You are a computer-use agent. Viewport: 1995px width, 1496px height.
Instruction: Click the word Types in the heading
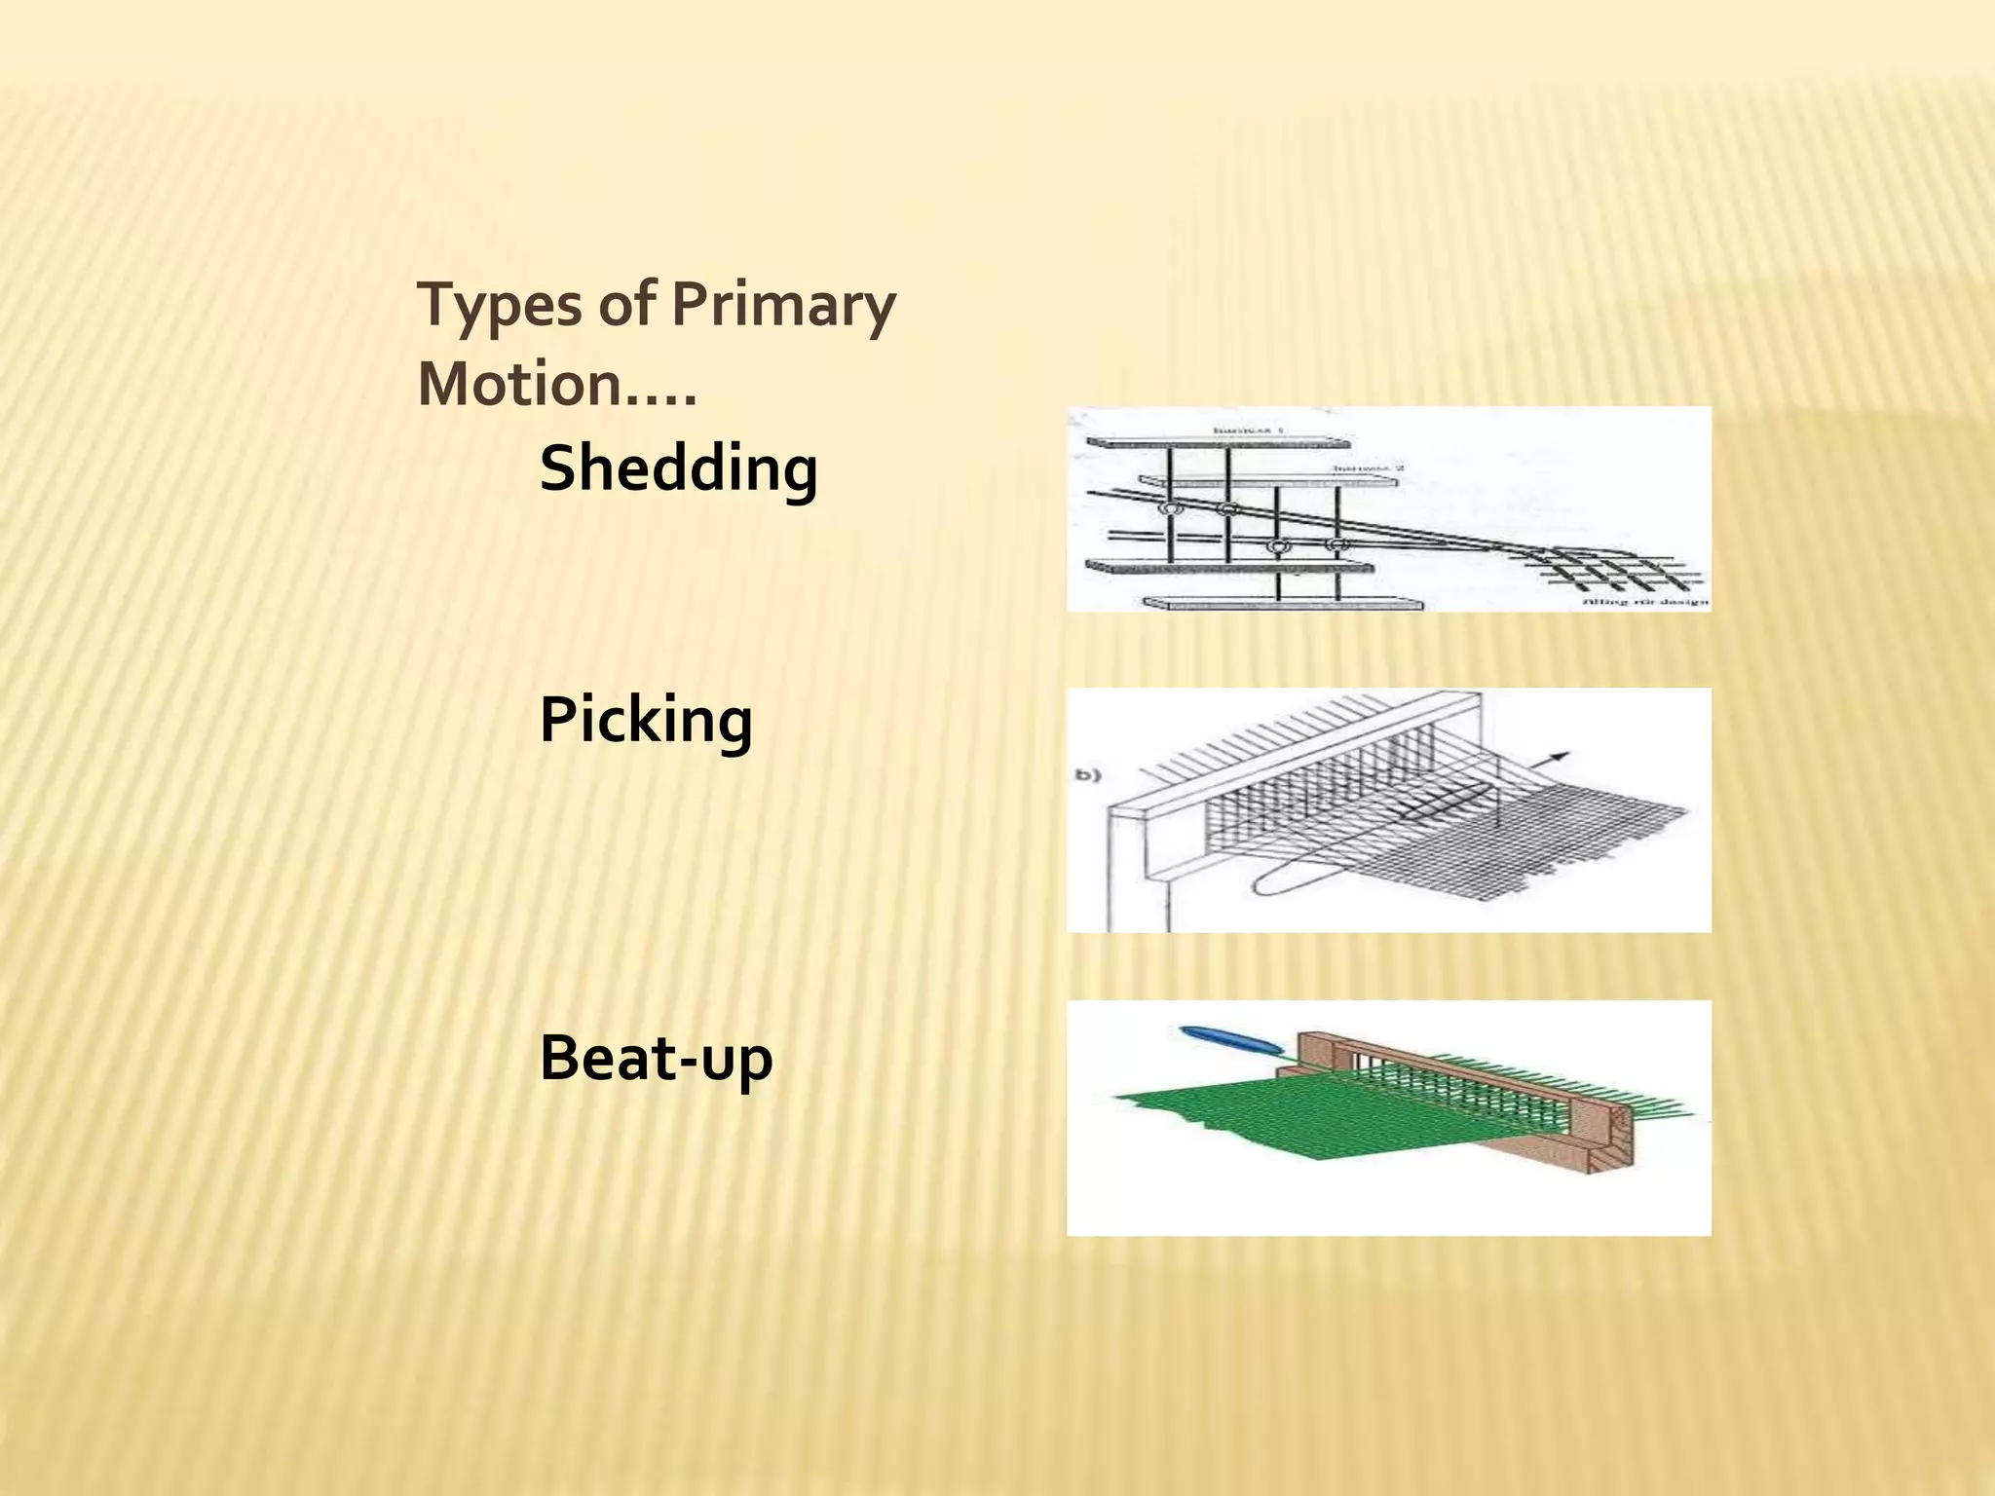[x=498, y=306]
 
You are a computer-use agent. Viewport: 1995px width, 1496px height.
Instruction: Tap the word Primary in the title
[x=783, y=306]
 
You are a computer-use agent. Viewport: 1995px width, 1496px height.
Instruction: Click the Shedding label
[x=678, y=468]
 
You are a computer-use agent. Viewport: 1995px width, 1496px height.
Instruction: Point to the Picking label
[x=646, y=721]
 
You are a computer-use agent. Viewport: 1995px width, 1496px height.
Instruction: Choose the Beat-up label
[x=656, y=1058]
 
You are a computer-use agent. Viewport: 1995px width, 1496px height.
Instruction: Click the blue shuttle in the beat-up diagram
[x=1230, y=1038]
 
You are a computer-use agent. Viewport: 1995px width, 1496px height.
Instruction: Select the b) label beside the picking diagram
[x=1087, y=775]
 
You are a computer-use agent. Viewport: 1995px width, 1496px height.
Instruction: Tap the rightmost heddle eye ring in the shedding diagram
[x=1337, y=545]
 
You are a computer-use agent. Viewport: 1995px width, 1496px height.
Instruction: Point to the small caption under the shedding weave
[x=1645, y=602]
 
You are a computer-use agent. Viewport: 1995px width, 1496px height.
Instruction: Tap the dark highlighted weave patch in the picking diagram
[x=1442, y=804]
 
